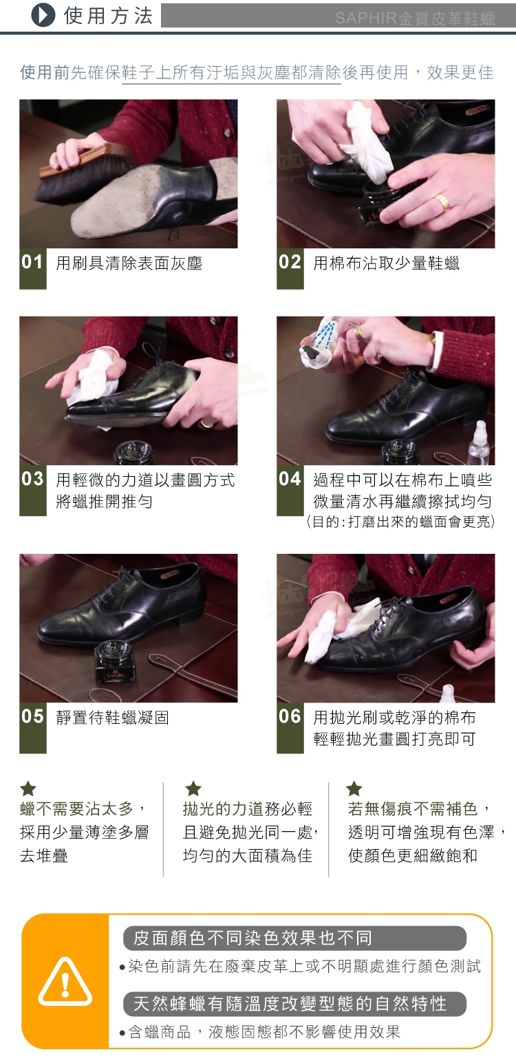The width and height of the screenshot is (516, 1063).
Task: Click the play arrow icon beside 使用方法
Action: pos(43,15)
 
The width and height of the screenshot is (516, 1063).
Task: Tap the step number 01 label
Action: pos(33,262)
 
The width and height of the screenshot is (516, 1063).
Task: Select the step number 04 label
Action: pos(290,479)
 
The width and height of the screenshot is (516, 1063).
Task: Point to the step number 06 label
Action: pos(290,716)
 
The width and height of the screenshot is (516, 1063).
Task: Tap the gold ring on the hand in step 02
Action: pos(442,201)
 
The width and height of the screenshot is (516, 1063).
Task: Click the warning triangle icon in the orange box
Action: pos(65,982)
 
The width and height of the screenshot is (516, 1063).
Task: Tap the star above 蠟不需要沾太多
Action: pos(28,788)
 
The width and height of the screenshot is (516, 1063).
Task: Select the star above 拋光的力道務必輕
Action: pos(193,788)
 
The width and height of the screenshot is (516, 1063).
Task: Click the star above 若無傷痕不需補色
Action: pos(354,788)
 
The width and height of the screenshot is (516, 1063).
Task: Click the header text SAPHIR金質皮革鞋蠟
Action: pos(414,18)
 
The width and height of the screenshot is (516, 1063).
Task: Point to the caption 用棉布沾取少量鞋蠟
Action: pos(386,263)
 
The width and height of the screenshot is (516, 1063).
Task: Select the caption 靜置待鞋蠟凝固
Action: pos(113,718)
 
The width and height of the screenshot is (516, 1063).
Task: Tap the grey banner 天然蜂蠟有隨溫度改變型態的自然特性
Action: pos(294,1004)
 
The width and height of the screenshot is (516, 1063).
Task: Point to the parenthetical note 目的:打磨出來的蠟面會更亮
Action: pos(401,522)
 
